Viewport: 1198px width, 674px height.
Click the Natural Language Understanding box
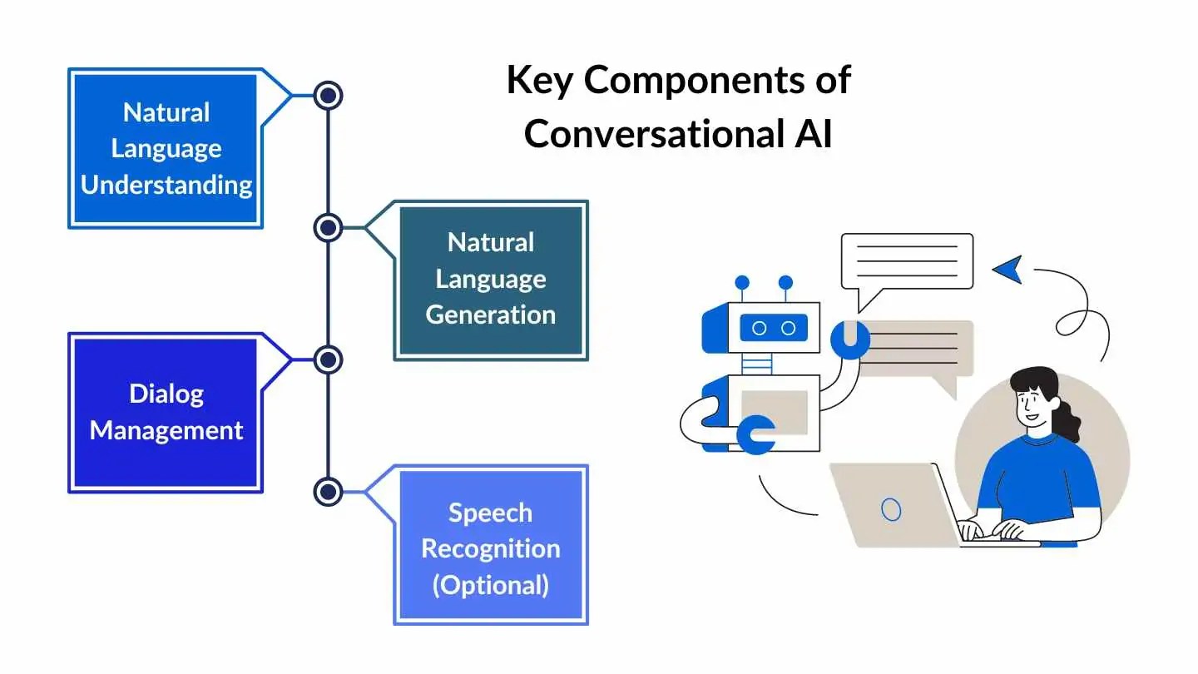(166, 148)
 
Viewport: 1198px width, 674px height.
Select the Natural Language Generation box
(491, 280)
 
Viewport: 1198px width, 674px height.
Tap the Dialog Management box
(166, 413)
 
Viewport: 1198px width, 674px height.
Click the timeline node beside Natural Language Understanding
(329, 96)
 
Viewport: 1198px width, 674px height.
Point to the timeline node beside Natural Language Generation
(329, 227)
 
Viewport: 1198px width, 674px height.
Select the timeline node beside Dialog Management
(329, 359)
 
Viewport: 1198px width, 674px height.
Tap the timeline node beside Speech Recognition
(329, 491)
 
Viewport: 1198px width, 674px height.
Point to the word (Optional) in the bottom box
(491, 585)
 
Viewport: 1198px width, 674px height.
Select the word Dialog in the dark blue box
(166, 394)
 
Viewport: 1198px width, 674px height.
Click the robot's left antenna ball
(742, 283)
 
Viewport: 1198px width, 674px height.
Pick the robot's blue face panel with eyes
(773, 328)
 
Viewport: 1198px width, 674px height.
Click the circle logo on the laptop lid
(890, 508)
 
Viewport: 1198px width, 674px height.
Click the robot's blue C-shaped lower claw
(757, 435)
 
